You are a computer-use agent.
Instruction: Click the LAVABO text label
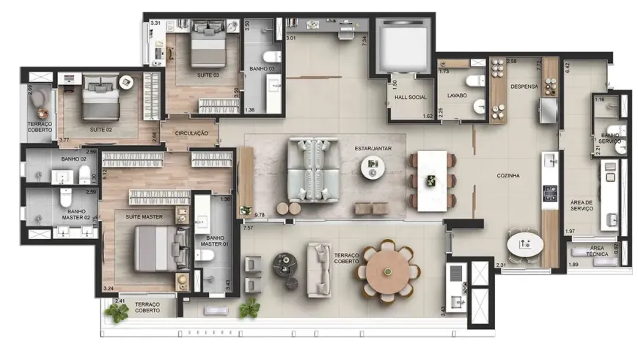[457, 95]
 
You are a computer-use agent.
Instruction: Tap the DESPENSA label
[524, 87]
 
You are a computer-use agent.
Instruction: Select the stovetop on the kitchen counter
[549, 194]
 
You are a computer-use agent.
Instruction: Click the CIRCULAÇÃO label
[191, 133]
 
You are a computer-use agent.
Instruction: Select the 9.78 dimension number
[259, 215]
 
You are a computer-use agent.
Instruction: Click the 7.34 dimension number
[364, 40]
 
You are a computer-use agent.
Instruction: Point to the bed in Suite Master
[155, 249]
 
